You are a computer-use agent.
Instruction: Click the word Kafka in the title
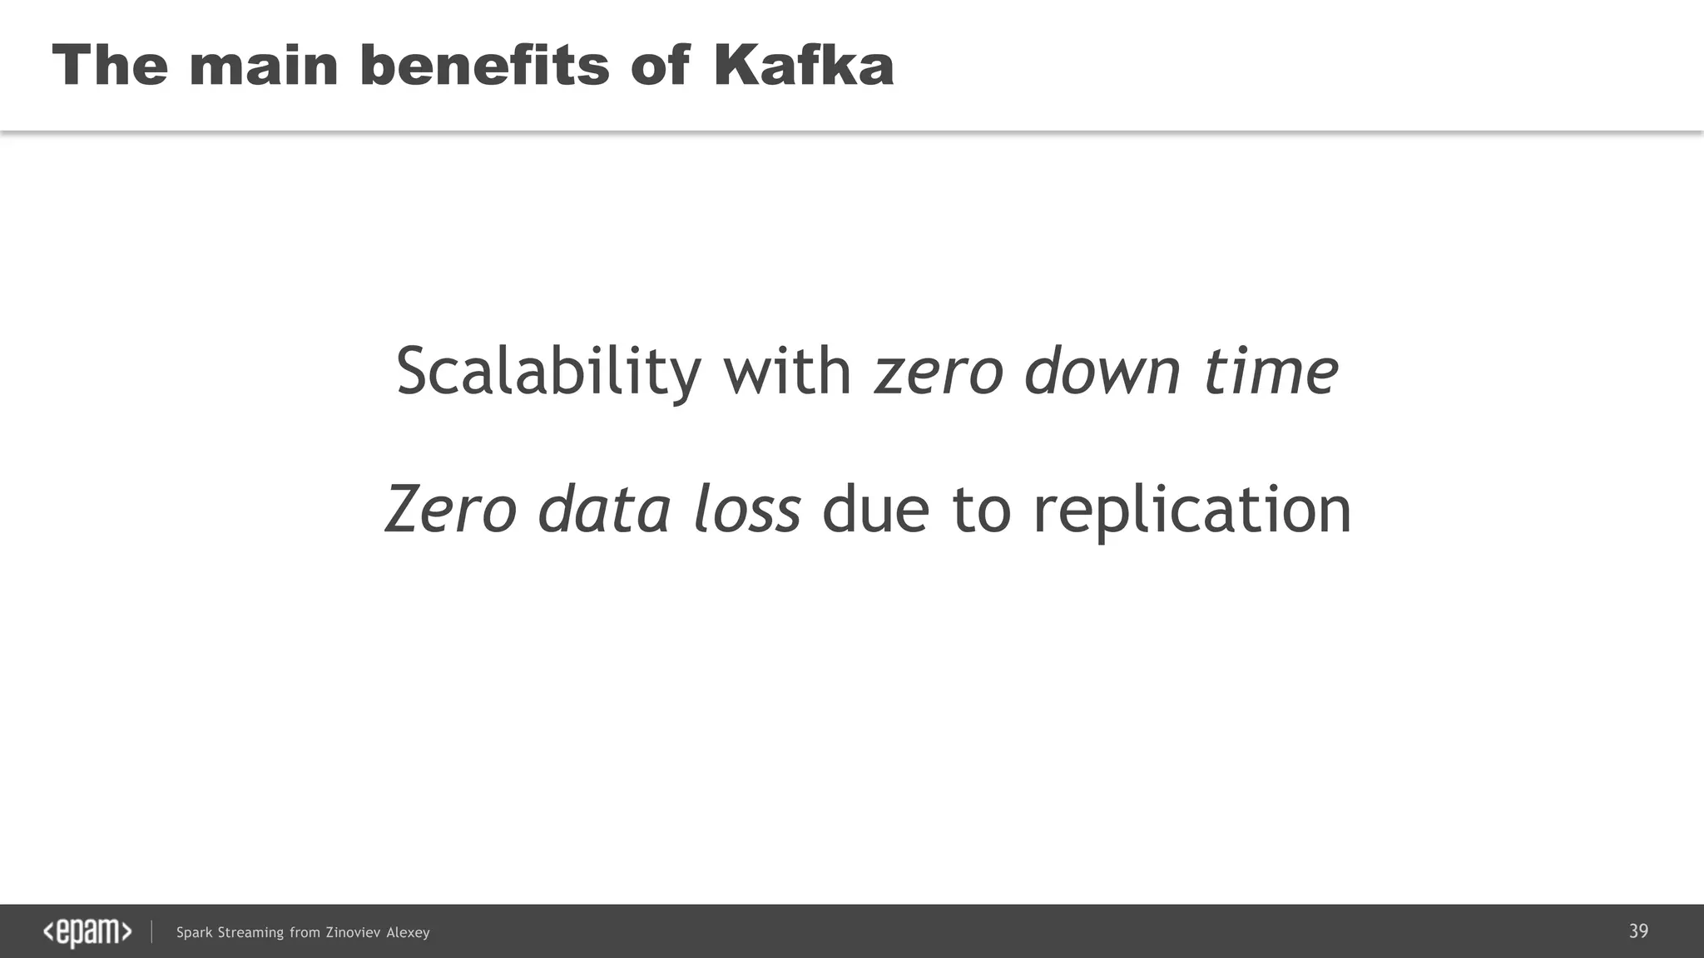click(x=803, y=65)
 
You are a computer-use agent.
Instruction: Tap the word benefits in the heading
click(x=484, y=65)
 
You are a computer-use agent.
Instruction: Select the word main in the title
click(x=263, y=65)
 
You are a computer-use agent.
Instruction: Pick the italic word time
click(x=1271, y=371)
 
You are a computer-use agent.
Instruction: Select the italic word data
click(x=604, y=509)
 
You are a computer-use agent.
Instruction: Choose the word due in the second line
click(x=875, y=509)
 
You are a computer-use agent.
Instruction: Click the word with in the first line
click(x=787, y=371)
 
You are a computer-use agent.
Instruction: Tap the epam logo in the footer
click(x=87, y=932)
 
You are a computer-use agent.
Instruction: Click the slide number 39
click(x=1638, y=931)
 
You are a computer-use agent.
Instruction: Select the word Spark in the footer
click(x=195, y=933)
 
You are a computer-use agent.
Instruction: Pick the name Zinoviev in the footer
click(x=353, y=933)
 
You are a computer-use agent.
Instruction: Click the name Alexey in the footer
click(x=408, y=933)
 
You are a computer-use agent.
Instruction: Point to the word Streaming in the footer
click(x=250, y=933)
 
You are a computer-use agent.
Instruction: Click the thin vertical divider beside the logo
click(x=151, y=932)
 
